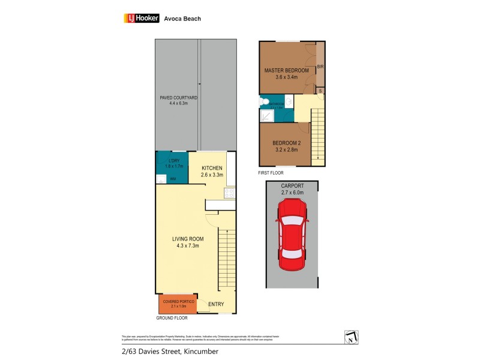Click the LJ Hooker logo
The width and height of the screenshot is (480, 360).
point(141,19)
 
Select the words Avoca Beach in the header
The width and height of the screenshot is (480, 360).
point(182,19)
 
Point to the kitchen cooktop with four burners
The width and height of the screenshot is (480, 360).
point(229,193)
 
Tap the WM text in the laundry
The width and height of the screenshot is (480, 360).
point(173,179)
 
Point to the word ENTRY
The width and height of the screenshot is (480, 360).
point(215,305)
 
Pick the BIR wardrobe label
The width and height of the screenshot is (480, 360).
point(320,67)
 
